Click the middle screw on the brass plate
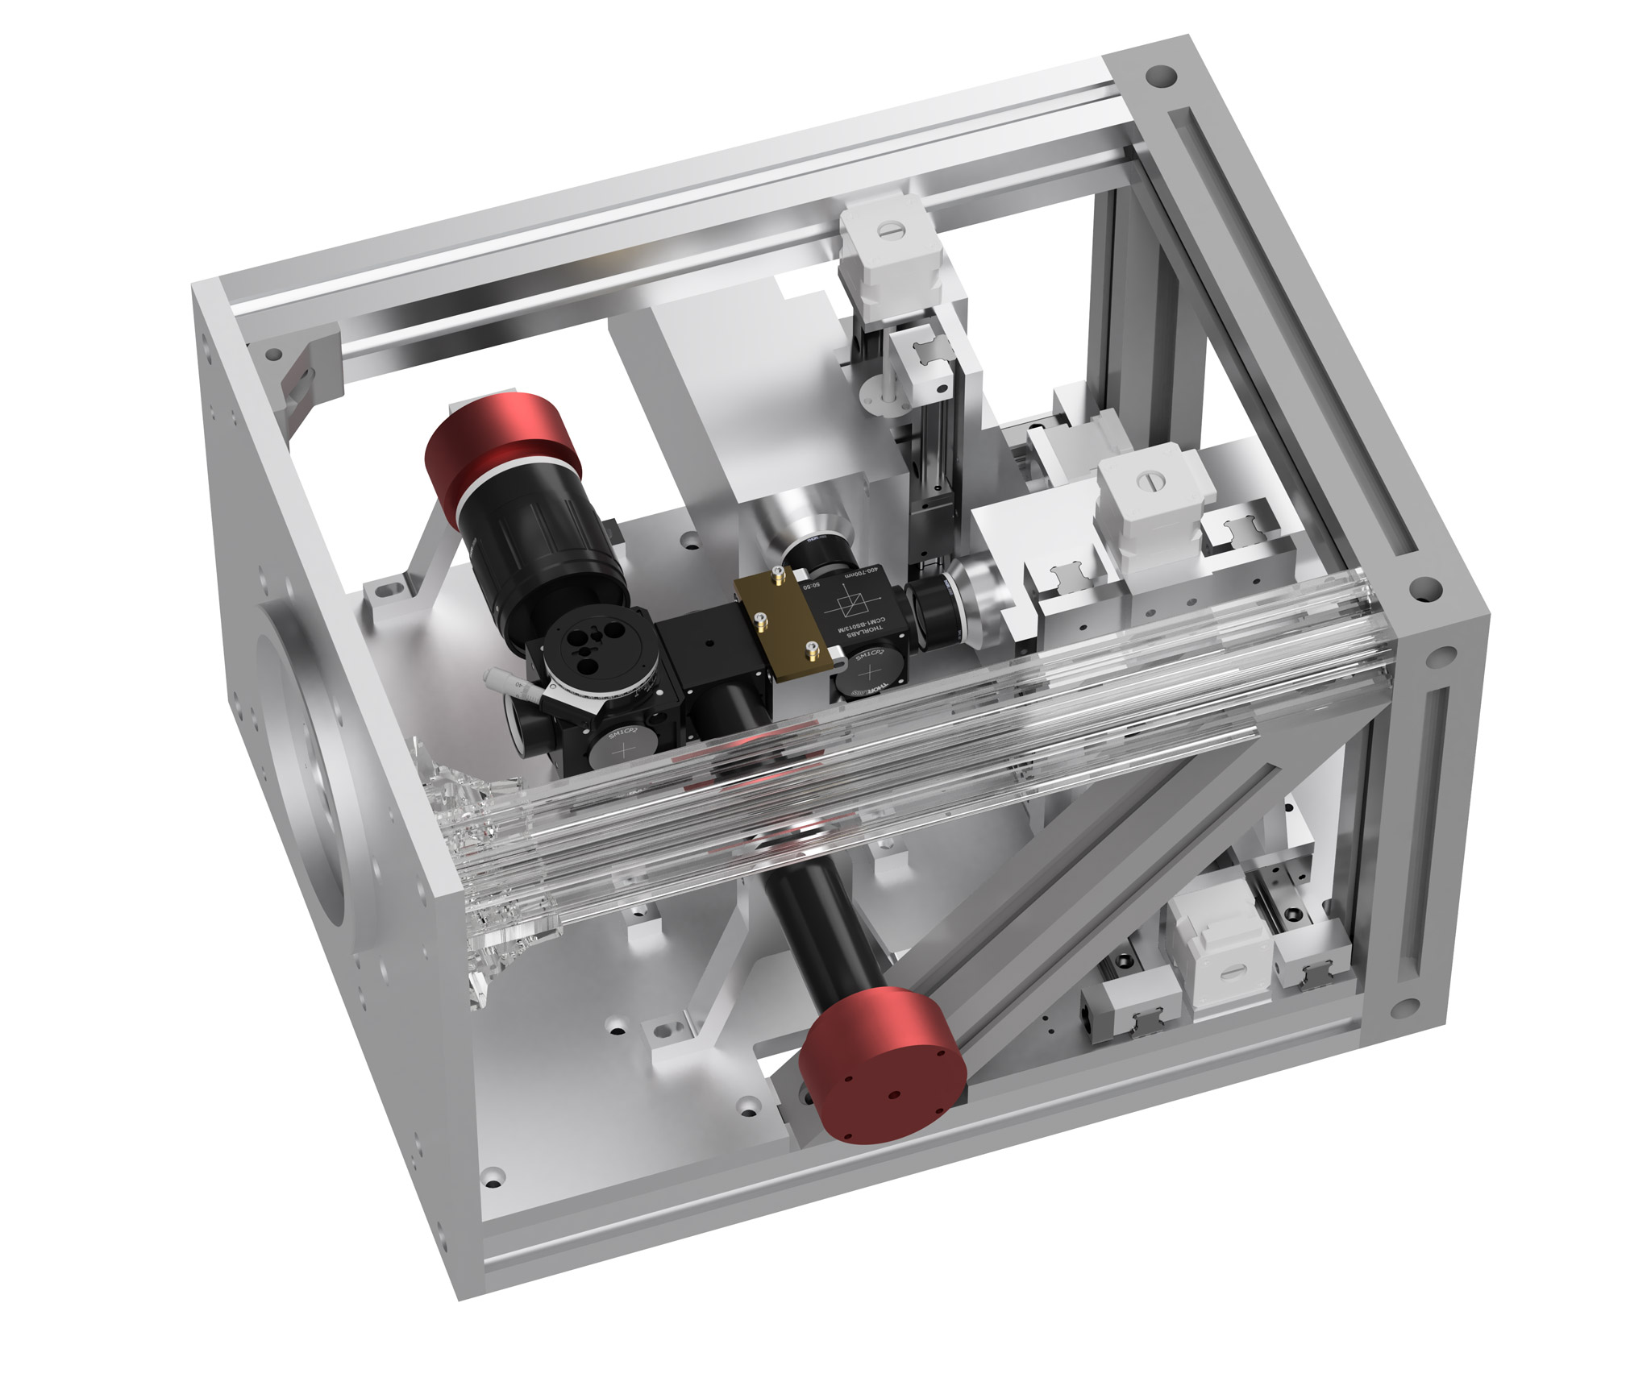click(x=759, y=617)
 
